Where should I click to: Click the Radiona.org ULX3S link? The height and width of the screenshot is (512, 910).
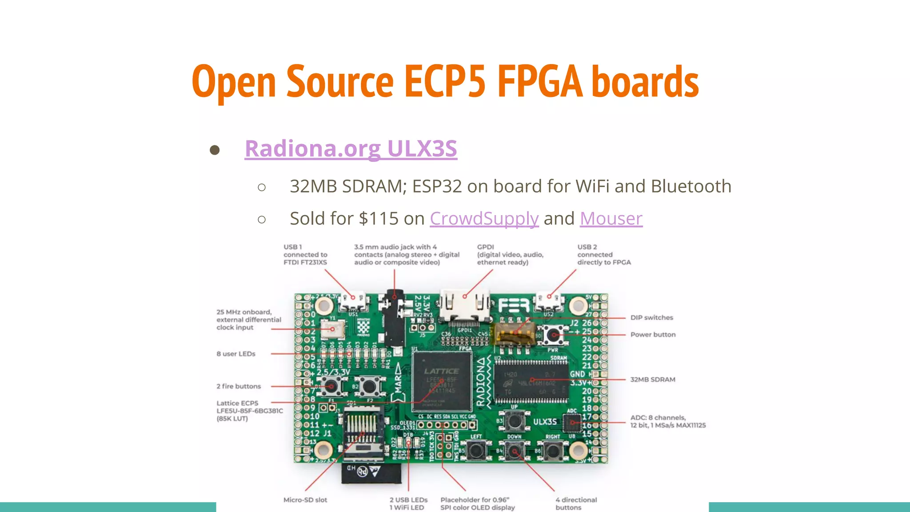point(351,148)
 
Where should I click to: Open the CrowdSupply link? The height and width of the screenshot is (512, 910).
point(484,219)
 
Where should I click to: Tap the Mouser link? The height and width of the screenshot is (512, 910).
point(611,219)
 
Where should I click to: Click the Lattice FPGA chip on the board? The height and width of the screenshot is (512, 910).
point(442,381)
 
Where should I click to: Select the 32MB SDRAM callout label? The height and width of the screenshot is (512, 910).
point(652,380)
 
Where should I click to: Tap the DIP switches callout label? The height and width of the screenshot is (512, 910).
point(651,317)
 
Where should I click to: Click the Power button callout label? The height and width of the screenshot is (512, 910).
point(653,335)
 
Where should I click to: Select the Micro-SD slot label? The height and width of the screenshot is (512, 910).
point(305,500)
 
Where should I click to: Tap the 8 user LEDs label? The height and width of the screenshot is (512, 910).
point(236,354)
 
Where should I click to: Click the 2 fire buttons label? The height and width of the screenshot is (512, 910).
point(239,386)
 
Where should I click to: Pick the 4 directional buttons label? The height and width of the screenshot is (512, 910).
point(576,504)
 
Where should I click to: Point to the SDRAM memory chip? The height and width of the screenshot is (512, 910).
point(531,381)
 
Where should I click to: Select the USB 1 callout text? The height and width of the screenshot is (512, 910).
point(305,255)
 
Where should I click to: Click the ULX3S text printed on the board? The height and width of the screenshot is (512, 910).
point(545,422)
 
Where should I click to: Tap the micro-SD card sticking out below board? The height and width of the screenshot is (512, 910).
point(371,473)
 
